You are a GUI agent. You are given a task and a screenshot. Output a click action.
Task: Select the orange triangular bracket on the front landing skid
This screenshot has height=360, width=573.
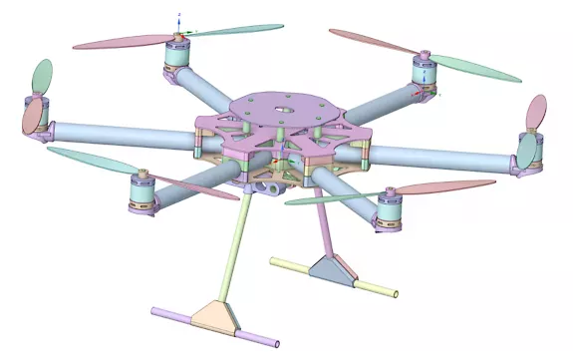point(217,316)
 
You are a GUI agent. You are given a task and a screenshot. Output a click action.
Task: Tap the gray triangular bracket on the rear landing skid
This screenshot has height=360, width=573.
point(329,269)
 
